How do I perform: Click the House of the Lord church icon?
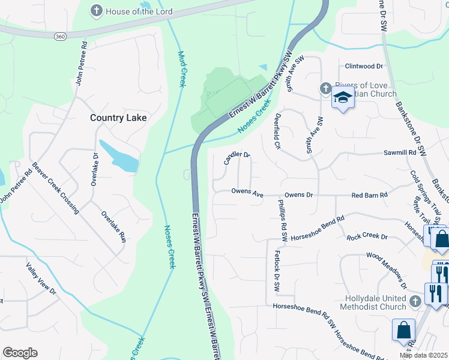96,11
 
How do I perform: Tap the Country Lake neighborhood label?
118,118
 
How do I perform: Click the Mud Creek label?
182,68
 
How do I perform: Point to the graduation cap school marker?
343,98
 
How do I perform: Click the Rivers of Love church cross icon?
325,89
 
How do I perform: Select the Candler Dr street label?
237,158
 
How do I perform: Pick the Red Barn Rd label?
370,194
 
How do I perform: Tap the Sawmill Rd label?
400,153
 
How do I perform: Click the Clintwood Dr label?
364,66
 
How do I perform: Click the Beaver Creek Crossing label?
55,188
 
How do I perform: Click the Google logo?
20,352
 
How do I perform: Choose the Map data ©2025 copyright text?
423,355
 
